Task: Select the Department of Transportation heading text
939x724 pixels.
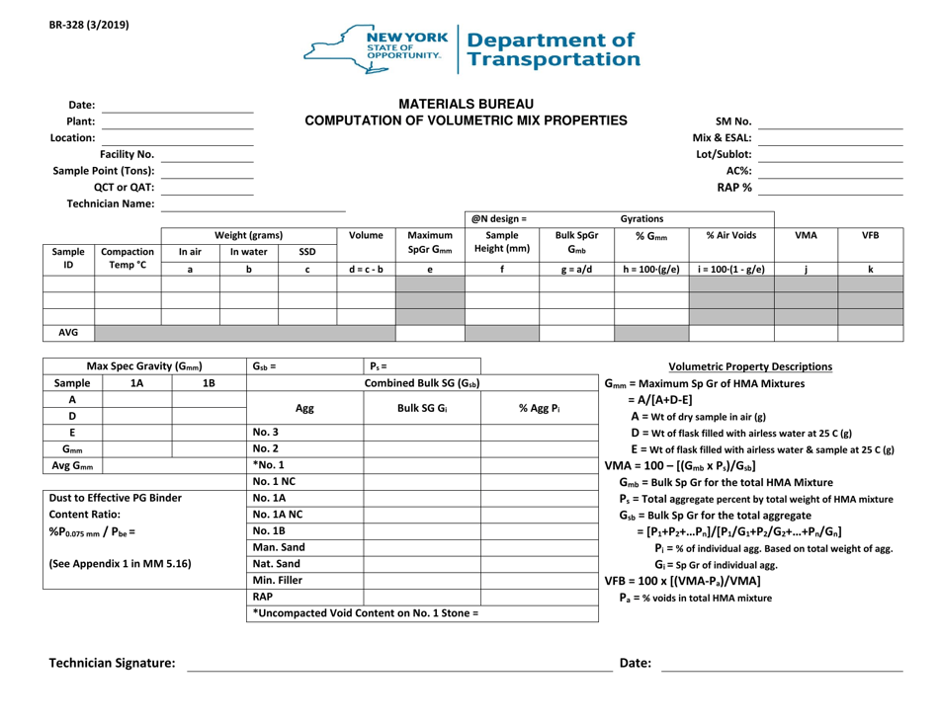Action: (554, 49)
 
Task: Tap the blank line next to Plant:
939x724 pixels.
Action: (178, 121)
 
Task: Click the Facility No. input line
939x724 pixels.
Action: (207, 155)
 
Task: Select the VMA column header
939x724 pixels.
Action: (805, 237)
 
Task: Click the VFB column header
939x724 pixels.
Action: (870, 237)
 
